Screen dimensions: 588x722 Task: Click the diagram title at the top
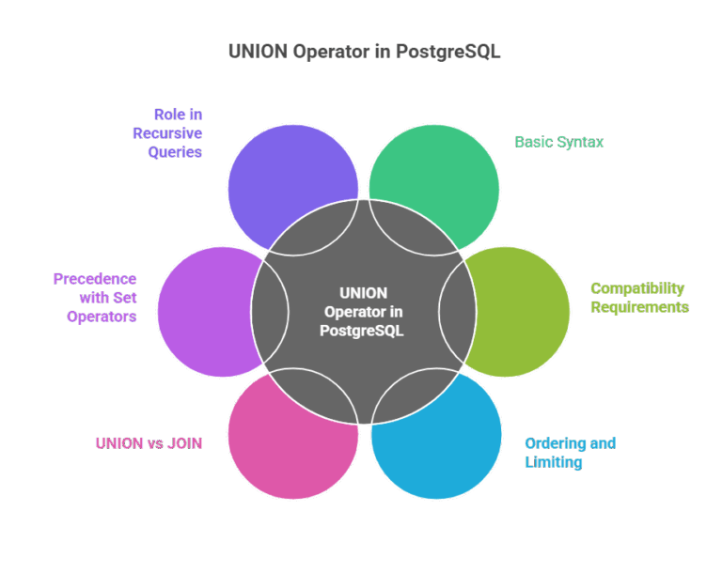[365, 52]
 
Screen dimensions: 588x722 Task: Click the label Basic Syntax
[558, 142]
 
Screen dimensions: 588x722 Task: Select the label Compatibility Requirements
[639, 298]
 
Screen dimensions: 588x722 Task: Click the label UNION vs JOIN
[148, 442]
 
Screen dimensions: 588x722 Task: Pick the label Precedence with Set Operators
[95, 297]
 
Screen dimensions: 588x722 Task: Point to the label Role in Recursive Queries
[167, 132]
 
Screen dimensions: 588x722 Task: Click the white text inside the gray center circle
[363, 311]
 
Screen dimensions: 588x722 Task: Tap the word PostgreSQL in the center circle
[363, 330]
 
